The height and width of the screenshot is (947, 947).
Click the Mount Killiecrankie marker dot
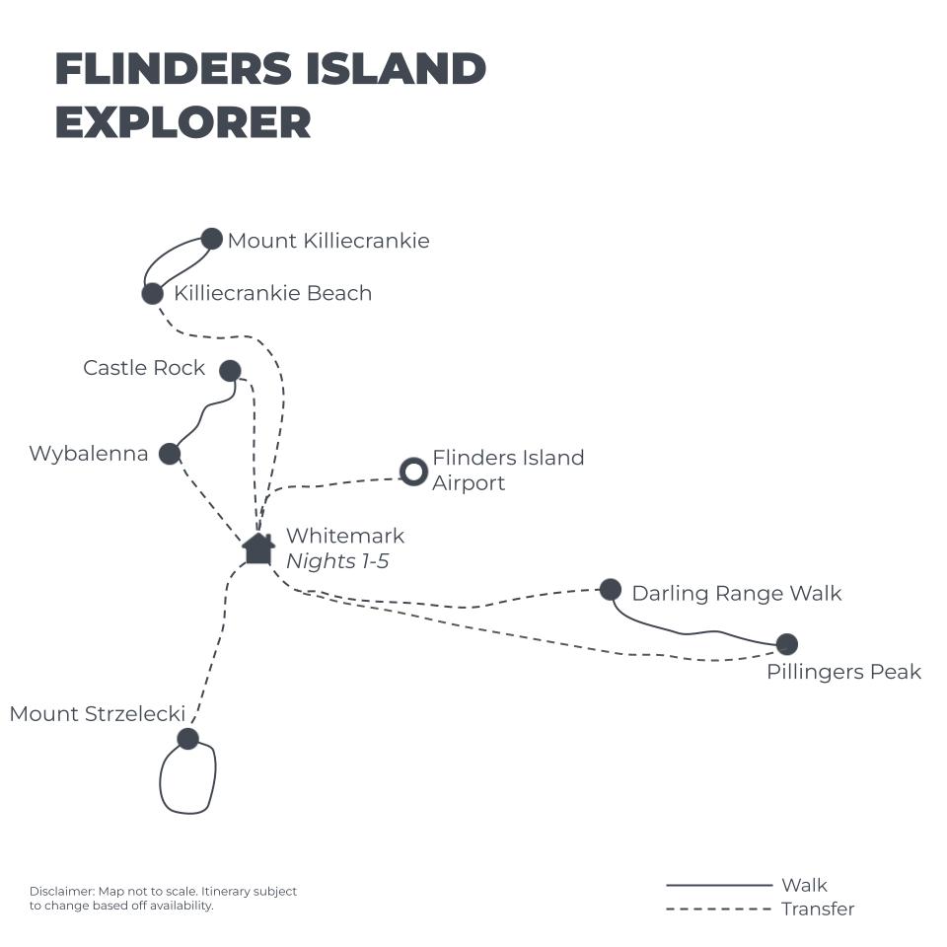point(211,239)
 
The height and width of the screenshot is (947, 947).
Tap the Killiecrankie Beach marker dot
point(152,294)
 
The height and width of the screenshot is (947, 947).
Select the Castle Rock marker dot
point(230,371)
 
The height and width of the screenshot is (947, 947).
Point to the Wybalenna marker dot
point(170,454)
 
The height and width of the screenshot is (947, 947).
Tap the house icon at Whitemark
point(258,548)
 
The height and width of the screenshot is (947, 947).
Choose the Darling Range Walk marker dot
point(611,590)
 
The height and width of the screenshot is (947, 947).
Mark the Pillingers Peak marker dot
point(786,644)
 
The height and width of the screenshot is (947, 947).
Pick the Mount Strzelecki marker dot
point(187,739)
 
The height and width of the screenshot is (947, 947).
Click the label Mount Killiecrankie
point(328,241)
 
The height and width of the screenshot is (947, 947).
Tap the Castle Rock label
point(144,368)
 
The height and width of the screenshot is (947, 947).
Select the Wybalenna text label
point(89,454)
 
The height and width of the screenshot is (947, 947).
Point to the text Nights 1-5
point(337,561)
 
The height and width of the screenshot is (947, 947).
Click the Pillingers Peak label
point(843,672)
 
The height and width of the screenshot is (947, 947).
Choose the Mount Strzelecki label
point(98,714)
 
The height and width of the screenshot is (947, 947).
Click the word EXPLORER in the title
point(183,122)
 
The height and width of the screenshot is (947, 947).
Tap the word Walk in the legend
point(804,885)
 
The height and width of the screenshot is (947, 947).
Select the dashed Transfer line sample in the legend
point(719,909)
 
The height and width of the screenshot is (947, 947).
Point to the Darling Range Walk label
point(736,593)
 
